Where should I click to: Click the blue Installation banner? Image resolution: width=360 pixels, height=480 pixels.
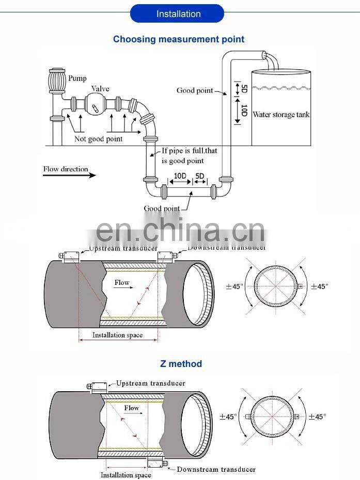pyautogui.click(x=178, y=13)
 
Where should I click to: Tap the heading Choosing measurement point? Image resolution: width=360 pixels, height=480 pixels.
pyautogui.click(x=179, y=39)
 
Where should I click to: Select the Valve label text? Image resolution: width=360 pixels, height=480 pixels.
pyautogui.click(x=100, y=89)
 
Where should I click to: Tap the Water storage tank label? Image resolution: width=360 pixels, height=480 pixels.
pyautogui.click(x=281, y=114)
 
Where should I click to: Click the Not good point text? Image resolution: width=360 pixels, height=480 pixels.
pyautogui.click(x=98, y=139)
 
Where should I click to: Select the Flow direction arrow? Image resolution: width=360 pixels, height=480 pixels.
pyautogui.click(x=69, y=175)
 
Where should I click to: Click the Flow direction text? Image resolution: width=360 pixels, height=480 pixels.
pyautogui.click(x=66, y=169)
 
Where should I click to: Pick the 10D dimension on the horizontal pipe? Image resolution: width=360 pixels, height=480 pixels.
pyautogui.click(x=180, y=176)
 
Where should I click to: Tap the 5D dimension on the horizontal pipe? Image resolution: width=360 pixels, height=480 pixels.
pyautogui.click(x=199, y=176)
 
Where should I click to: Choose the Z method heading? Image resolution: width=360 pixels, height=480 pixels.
pyautogui.click(x=180, y=364)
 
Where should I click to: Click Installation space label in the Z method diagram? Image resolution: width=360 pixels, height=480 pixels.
pyautogui.click(x=126, y=475)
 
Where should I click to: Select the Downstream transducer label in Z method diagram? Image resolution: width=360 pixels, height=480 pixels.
pyautogui.click(x=216, y=469)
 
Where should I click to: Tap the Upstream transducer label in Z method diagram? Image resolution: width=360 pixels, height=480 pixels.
pyautogui.click(x=150, y=383)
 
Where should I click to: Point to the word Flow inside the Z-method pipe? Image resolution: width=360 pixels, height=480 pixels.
pyautogui.click(x=132, y=408)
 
